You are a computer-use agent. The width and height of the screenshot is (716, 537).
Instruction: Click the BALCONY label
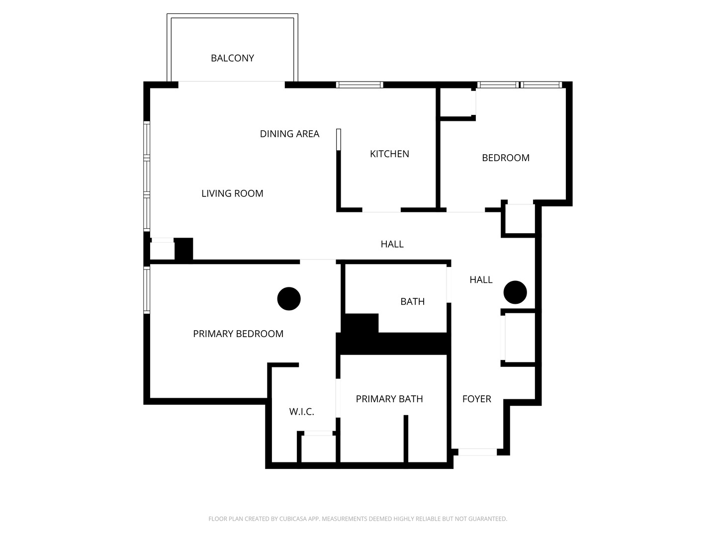232,58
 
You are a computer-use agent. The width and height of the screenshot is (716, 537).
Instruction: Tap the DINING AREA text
289,134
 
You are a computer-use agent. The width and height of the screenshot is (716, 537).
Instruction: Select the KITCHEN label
389,154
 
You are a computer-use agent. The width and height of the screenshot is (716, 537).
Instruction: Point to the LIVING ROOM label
232,193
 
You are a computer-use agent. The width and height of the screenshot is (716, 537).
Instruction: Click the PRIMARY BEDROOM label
238,334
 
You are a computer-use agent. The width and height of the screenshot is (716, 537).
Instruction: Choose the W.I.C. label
301,412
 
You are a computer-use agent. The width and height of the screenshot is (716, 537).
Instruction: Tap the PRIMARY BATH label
389,399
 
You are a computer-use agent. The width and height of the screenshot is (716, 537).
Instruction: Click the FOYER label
476,399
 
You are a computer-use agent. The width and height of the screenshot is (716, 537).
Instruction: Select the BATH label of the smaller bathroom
412,302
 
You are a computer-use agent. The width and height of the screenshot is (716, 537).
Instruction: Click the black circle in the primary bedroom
289,299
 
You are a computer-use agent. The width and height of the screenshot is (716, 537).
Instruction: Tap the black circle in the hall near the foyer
515,292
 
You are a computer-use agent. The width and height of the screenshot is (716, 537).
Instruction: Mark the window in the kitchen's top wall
359,85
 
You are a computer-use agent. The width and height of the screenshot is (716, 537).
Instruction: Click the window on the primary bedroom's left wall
147,290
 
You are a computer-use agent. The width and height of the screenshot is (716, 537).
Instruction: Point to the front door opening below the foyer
477,452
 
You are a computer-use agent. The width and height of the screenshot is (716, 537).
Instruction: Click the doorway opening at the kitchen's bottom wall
381,210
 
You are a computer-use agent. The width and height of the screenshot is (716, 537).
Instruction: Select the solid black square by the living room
183,250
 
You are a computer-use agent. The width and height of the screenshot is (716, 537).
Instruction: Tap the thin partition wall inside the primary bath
406,439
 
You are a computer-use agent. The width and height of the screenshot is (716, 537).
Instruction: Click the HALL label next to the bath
481,280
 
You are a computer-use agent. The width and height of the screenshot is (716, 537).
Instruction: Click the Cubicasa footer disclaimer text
358,519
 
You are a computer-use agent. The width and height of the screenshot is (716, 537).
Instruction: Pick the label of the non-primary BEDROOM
506,158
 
